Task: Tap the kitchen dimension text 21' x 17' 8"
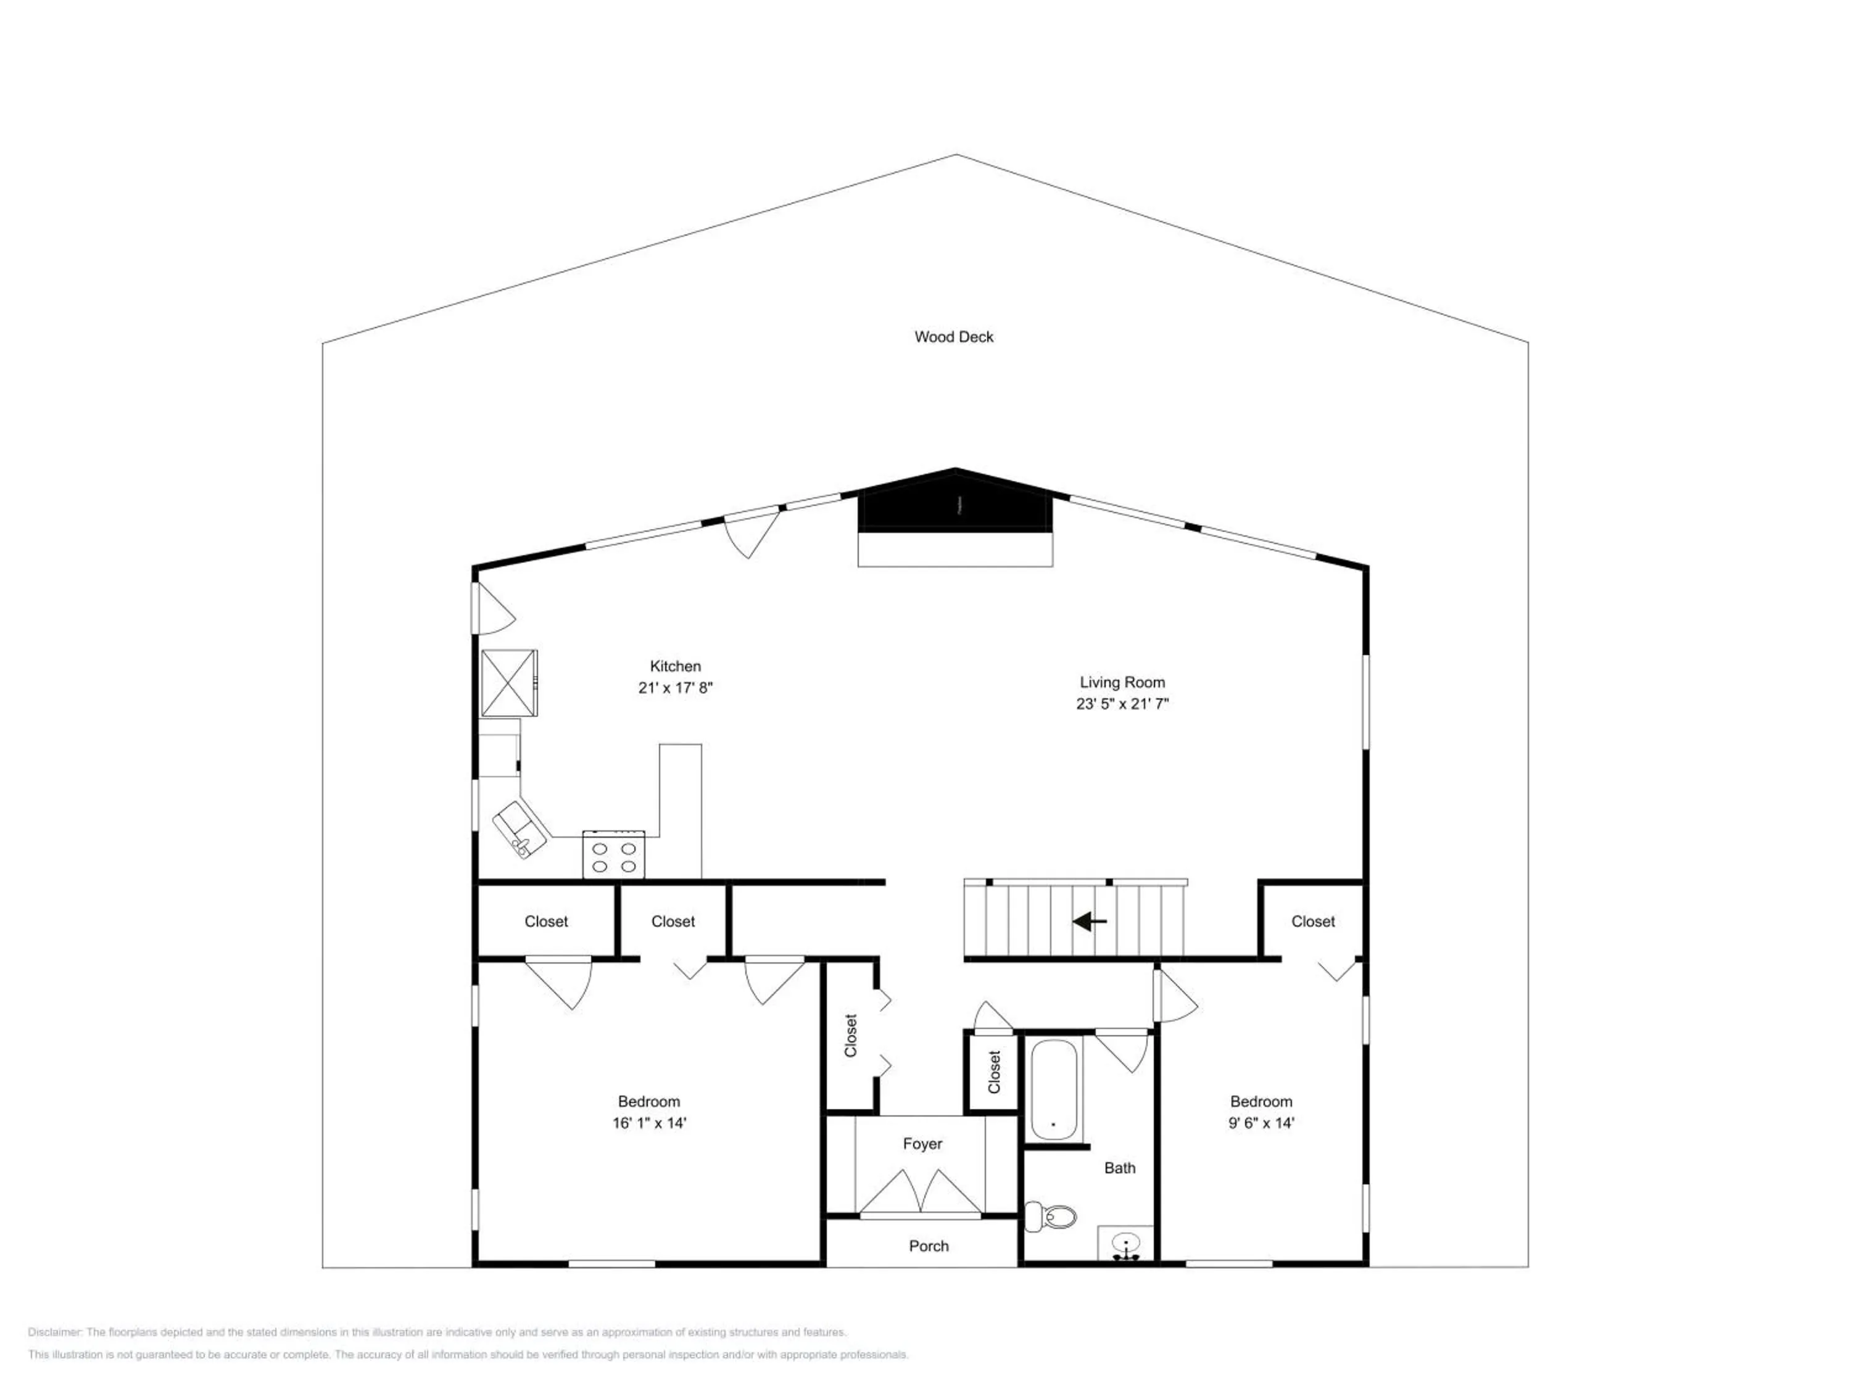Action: pos(674,688)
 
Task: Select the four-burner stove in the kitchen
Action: pos(613,854)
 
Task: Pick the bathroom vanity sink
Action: pos(1125,1243)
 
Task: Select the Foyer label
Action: pos(922,1144)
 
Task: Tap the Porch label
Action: pos(928,1245)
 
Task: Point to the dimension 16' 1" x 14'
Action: pos(648,1123)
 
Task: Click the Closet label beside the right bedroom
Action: pos(1312,921)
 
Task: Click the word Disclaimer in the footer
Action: pos(54,1332)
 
